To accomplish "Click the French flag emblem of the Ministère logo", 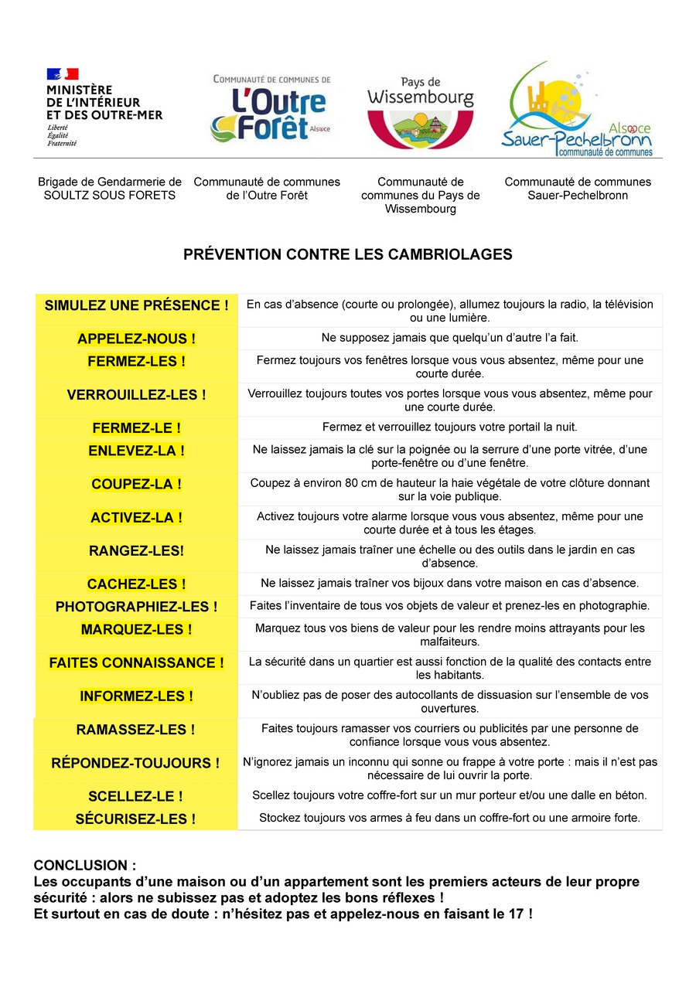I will (63, 74).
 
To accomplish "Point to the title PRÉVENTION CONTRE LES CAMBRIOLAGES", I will (347, 254).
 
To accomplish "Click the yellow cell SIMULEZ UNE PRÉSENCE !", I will (136, 305).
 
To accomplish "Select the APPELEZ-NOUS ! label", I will (136, 339).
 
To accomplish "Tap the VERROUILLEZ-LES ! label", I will (136, 395).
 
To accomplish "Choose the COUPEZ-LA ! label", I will (136, 485).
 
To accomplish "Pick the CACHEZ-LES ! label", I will (136, 584).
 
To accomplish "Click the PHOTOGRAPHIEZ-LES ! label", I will (136, 607).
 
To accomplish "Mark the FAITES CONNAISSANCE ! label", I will (136, 662).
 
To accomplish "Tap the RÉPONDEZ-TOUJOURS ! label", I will (136, 763).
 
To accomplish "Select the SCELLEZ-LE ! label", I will (136, 796).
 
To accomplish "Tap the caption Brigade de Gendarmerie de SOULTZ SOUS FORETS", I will (110, 189).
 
